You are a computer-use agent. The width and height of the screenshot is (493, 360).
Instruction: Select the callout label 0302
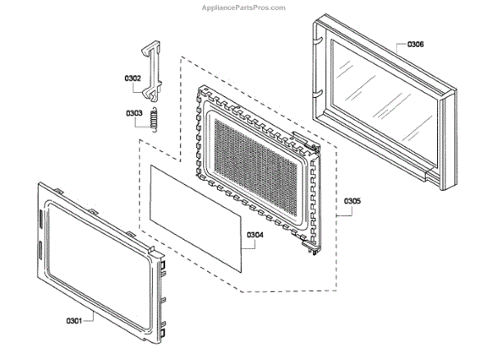(132, 79)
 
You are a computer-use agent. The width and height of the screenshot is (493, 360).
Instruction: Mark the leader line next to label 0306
(396, 45)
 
